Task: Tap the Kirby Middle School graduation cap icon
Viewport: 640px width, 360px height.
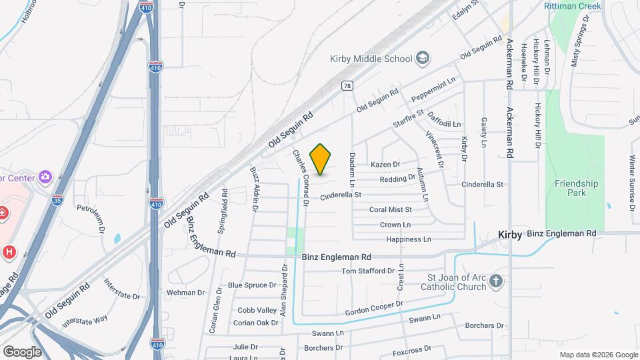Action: click(422, 59)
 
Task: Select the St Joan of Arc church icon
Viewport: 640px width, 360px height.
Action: click(495, 281)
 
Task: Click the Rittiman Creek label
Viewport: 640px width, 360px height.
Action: click(572, 6)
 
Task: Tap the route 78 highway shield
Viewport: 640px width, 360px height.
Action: click(347, 85)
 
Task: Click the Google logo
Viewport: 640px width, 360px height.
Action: click(22, 351)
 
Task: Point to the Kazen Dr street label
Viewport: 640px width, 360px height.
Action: click(385, 165)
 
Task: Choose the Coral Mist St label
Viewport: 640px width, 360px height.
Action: click(391, 209)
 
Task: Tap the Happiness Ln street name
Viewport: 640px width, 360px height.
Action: click(409, 239)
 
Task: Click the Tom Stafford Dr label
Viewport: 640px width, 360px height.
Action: click(368, 271)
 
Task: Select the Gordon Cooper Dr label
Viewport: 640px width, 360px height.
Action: click(375, 308)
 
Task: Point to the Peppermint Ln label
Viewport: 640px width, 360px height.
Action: click(433, 89)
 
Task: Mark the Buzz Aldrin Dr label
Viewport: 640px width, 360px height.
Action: click(254, 189)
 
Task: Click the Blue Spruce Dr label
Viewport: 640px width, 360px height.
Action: click(252, 285)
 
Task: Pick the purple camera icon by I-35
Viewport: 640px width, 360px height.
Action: click(45, 177)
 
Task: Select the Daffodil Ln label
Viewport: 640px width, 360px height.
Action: click(445, 119)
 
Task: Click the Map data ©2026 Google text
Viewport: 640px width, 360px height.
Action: click(598, 355)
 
